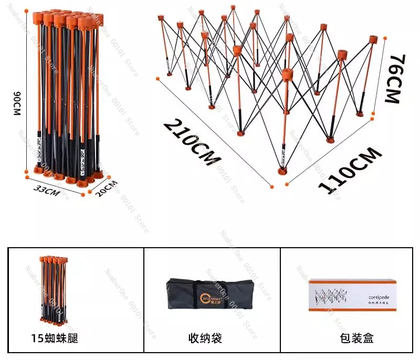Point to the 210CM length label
pyautogui.click(x=191, y=142)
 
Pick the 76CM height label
pyautogui.click(x=395, y=78)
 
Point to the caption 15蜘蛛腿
pyautogui.click(x=55, y=338)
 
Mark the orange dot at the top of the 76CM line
pyautogui.click(x=386, y=38)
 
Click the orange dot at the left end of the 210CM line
pyautogui.click(x=157, y=79)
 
